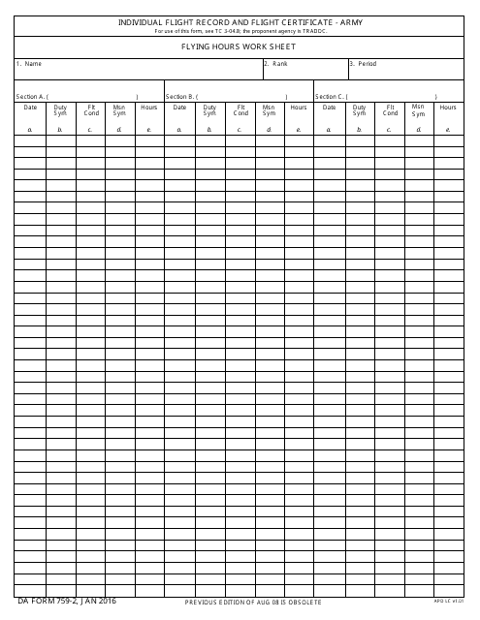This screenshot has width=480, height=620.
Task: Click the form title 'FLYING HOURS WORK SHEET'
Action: click(240, 46)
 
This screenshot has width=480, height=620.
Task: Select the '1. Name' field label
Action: click(29, 64)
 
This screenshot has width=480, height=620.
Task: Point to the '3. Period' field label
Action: click(364, 64)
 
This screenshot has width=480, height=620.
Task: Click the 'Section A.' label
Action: click(30, 97)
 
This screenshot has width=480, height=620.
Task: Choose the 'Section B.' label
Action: click(180, 97)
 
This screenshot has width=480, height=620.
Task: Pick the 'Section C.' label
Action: click(330, 97)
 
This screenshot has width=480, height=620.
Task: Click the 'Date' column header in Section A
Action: click(30, 108)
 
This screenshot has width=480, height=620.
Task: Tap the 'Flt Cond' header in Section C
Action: click(391, 110)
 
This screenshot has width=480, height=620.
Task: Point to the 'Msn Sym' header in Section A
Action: click(119, 110)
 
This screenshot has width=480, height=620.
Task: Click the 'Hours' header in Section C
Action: click(448, 108)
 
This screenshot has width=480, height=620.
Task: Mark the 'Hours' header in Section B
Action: click(299, 108)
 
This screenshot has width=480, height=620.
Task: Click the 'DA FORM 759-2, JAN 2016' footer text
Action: click(60, 602)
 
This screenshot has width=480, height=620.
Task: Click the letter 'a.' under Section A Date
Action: click(30, 128)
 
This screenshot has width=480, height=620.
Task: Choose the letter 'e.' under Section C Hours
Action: click(448, 128)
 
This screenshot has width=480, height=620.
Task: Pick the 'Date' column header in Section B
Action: click(180, 108)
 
